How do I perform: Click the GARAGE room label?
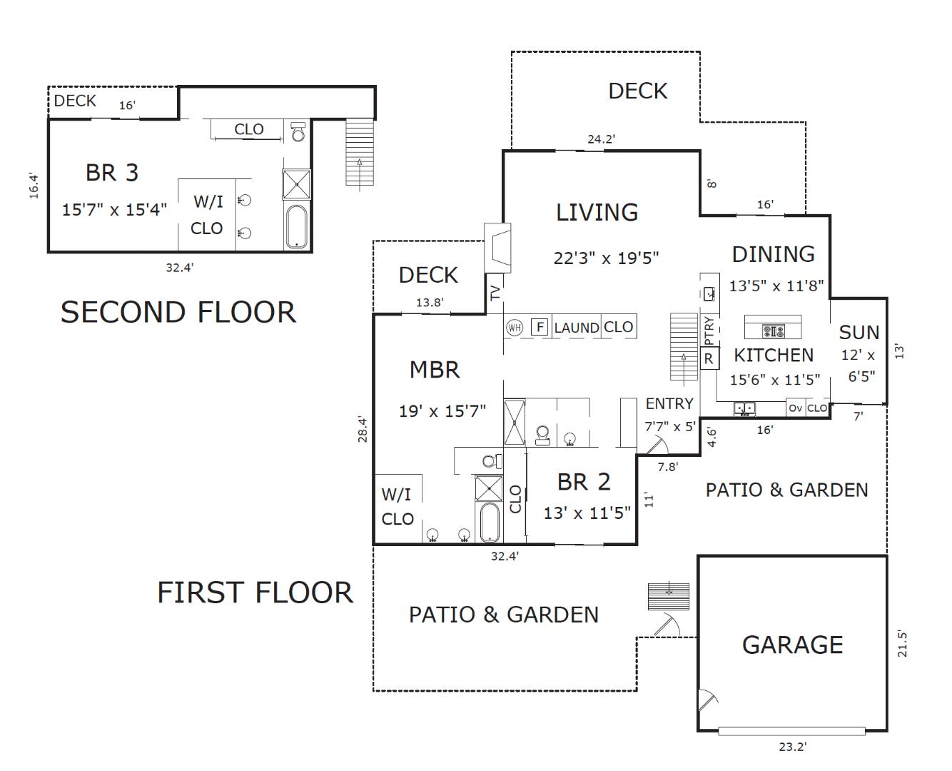(x=792, y=645)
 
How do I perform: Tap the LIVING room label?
(x=597, y=212)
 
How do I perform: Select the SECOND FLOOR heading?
(x=178, y=313)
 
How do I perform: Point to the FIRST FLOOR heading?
(x=255, y=593)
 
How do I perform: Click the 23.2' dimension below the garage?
(x=792, y=747)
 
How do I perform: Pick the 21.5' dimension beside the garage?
(x=902, y=643)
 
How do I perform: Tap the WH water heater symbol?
(x=515, y=328)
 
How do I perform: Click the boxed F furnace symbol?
(x=540, y=328)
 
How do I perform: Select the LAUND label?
(x=576, y=328)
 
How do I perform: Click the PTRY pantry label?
(x=709, y=331)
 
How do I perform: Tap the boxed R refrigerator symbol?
(x=709, y=358)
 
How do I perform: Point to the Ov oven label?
(x=795, y=408)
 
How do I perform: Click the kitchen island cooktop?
(x=773, y=331)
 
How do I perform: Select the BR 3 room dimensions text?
(x=114, y=210)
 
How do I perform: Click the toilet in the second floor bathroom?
(x=298, y=132)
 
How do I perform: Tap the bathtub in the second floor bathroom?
(x=296, y=227)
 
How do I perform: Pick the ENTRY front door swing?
(x=654, y=446)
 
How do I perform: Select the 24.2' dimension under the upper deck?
(x=601, y=139)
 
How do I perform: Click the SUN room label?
(x=859, y=333)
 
